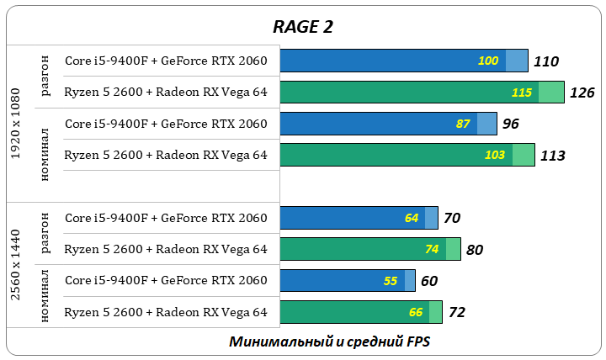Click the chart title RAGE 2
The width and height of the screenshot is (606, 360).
(303, 26)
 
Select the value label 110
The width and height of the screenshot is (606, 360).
(546, 61)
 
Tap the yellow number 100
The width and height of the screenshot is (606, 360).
(488, 61)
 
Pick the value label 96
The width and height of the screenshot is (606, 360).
(510, 124)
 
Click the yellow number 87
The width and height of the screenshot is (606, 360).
(463, 124)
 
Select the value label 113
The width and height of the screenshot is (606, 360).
(552, 156)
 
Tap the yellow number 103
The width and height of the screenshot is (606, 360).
(496, 155)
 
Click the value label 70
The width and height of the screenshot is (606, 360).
(452, 219)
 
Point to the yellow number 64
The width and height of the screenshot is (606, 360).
(412, 218)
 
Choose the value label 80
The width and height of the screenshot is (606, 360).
(474, 250)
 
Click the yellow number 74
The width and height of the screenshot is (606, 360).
(433, 249)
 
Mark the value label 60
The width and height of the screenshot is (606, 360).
(429, 281)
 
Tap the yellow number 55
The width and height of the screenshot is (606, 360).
(391, 281)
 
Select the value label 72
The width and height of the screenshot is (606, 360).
(457, 313)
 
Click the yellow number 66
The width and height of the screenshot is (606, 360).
(416, 312)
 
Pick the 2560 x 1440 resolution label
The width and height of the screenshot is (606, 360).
(16, 265)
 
